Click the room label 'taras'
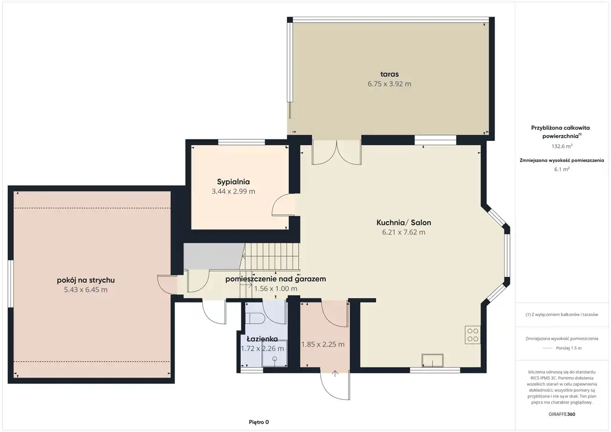(x=389, y=74)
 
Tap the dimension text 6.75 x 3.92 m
(x=389, y=84)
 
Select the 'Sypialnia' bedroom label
(x=233, y=182)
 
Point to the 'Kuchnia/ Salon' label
(x=404, y=222)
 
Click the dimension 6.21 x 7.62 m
(x=404, y=232)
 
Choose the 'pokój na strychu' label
(x=85, y=280)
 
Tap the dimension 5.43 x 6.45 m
(x=85, y=290)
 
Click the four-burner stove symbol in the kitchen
(x=473, y=335)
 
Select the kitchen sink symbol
(x=432, y=360)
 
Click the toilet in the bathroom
(x=254, y=318)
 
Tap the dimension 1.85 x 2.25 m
(x=323, y=345)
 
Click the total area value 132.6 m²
(x=562, y=146)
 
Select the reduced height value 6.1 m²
(x=562, y=169)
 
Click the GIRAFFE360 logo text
(x=562, y=414)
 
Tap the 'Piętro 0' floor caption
(x=259, y=422)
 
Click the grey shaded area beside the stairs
(x=213, y=256)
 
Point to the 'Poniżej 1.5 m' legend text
(x=569, y=348)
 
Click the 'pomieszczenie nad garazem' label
(x=275, y=279)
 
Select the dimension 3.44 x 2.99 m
(x=233, y=191)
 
